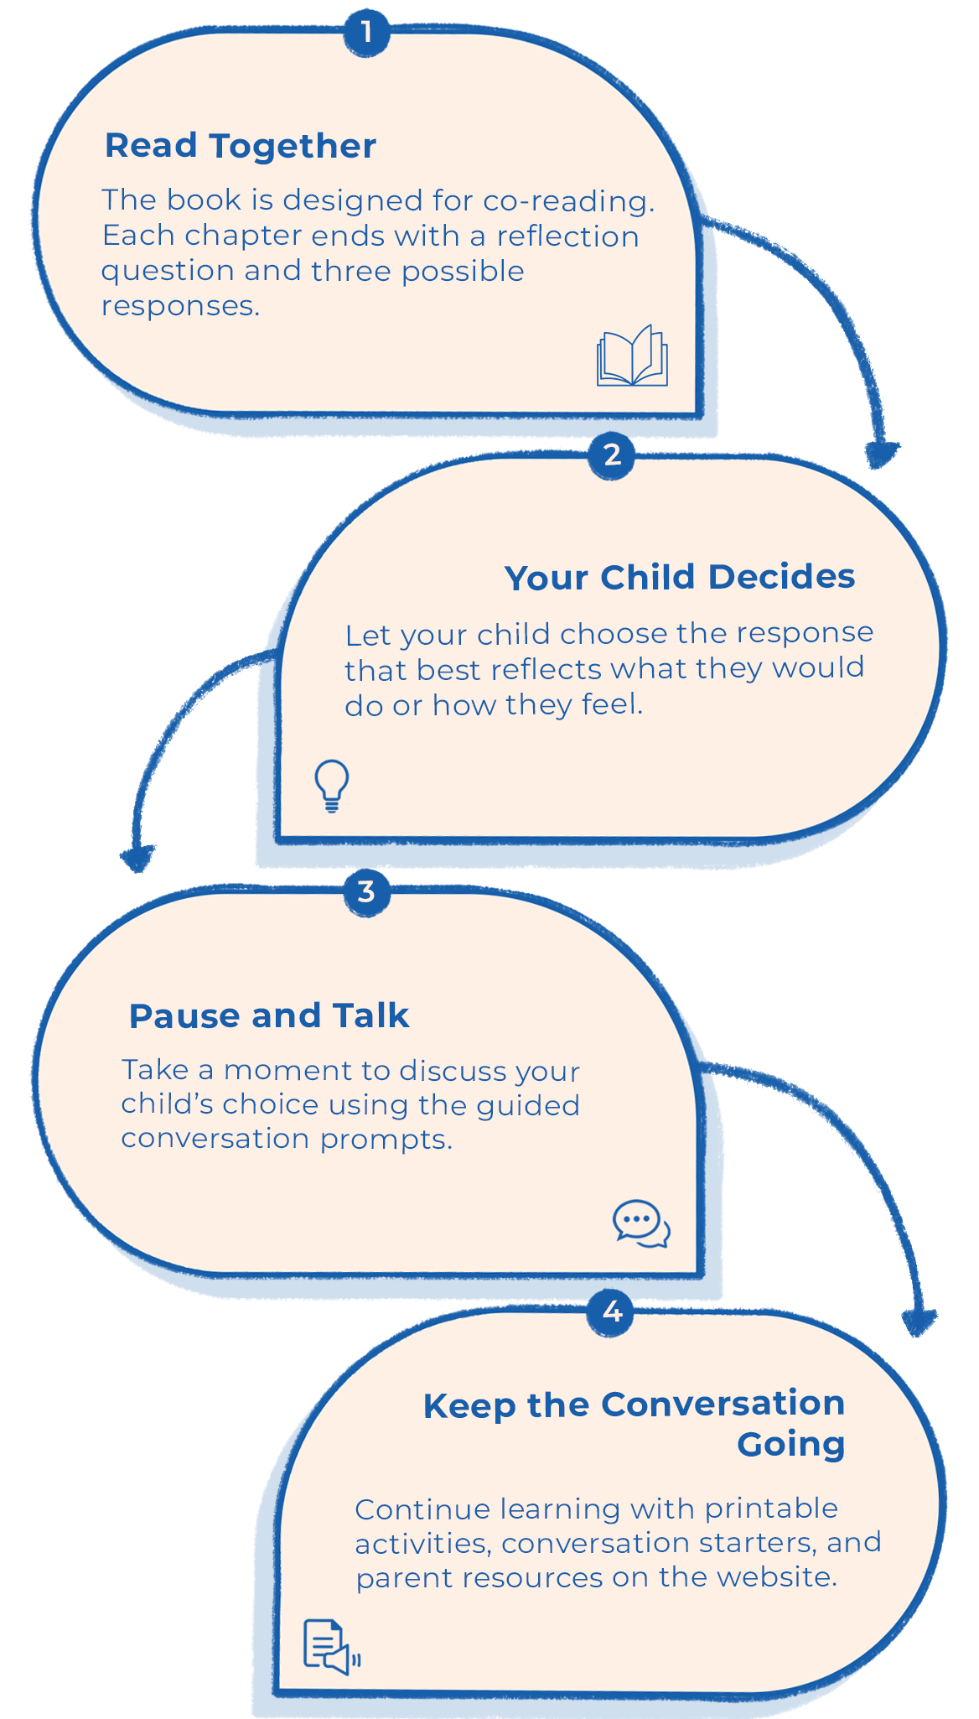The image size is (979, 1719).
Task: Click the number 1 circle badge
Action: coord(366,33)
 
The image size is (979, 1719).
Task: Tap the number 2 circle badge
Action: coord(612,455)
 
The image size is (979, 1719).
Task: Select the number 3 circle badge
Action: coord(366,891)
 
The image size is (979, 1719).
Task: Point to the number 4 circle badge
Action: coord(610,1311)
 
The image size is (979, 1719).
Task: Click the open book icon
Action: coord(632,356)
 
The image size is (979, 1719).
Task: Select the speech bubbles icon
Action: coord(641,1223)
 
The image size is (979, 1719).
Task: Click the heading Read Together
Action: coord(241,146)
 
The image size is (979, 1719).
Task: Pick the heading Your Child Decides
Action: coord(680,577)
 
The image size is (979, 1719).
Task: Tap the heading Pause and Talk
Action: coord(269,1015)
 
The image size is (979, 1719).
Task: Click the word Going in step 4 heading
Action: coord(791,1445)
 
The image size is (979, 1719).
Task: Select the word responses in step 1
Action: coord(180,306)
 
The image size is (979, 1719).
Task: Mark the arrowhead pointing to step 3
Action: coord(137,859)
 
